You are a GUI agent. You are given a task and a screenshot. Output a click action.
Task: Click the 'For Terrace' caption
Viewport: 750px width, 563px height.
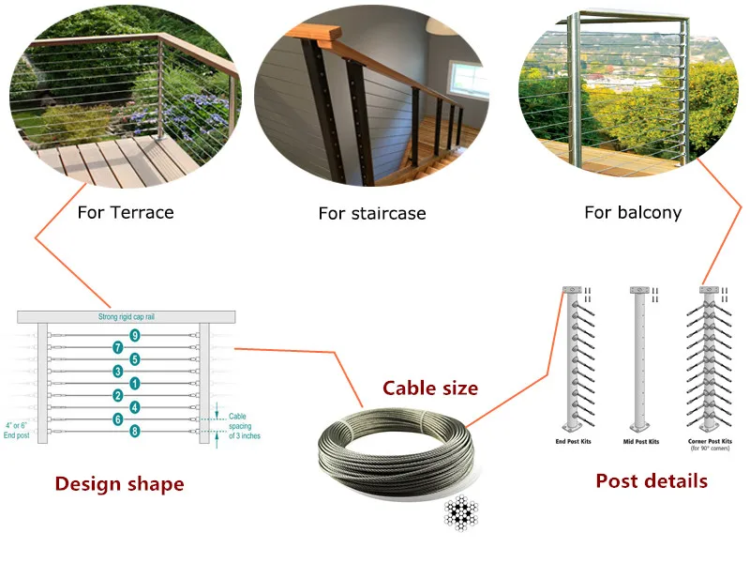tap(125, 212)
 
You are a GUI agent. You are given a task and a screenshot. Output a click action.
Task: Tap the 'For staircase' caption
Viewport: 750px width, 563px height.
tap(372, 214)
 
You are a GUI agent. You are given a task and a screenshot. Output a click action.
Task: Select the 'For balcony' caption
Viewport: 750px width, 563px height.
tap(633, 212)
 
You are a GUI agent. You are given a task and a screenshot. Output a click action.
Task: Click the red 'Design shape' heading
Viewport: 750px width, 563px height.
tap(119, 484)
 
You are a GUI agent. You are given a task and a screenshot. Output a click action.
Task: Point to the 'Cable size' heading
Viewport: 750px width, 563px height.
tap(430, 388)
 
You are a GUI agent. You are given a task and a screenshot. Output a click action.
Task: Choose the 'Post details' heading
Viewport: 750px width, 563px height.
tap(651, 481)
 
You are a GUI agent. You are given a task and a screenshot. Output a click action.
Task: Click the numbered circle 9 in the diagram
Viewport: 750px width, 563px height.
tap(135, 335)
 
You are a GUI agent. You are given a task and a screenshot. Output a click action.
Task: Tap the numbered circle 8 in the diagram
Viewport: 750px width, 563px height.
tap(135, 432)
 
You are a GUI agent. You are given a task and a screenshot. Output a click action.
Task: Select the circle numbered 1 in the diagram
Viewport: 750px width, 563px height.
tap(135, 383)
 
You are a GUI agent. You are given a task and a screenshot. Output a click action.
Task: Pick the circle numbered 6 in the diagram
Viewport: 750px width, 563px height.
tap(118, 419)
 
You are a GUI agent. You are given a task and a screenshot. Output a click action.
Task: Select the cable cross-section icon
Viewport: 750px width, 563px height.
tap(460, 514)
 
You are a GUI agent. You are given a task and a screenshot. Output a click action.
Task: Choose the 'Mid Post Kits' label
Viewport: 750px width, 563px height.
tap(641, 441)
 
